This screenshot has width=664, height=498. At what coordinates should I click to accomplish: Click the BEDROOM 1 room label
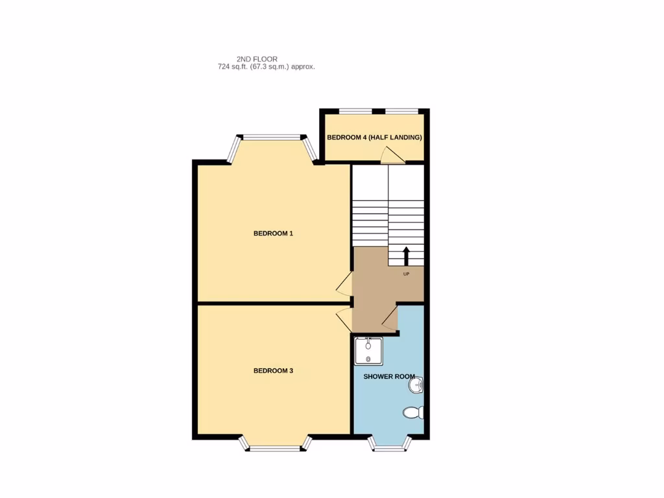(x=273, y=233)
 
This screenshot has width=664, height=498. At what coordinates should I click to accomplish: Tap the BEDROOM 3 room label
(x=273, y=371)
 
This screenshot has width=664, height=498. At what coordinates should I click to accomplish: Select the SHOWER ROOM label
(x=389, y=376)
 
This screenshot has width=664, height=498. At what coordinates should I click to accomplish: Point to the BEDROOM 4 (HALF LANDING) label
(x=374, y=137)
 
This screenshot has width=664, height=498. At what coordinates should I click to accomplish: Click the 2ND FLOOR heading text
(x=257, y=59)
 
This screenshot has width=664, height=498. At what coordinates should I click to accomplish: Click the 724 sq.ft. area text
(x=267, y=67)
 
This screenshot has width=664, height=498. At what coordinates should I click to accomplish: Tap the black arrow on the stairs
(x=407, y=255)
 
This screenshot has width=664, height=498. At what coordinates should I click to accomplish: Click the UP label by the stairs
(x=407, y=274)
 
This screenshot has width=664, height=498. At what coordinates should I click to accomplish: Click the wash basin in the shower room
(x=416, y=386)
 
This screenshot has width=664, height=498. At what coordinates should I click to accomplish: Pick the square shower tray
(x=369, y=351)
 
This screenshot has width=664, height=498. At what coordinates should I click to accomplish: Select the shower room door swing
(x=390, y=319)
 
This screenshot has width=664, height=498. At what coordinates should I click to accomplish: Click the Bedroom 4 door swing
(x=392, y=155)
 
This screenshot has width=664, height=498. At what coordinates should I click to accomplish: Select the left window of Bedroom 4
(x=355, y=111)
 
